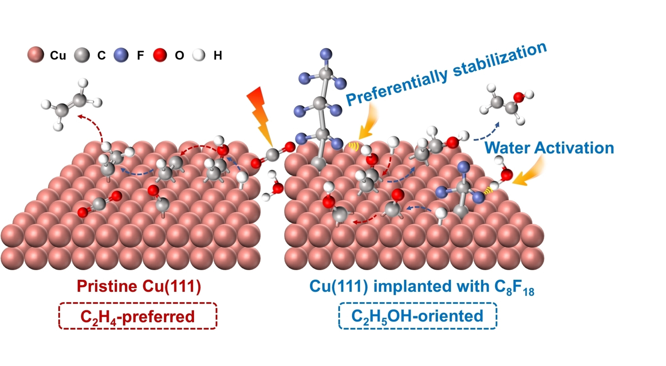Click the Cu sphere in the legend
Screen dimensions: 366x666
tap(36, 55)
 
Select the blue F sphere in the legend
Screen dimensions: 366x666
tap(121, 55)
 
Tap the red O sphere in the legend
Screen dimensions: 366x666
tap(160, 55)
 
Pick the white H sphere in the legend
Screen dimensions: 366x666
tap(199, 55)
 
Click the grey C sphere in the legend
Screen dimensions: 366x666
tap(82, 55)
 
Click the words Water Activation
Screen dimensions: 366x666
tap(549, 148)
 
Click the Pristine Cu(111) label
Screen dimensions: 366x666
tap(139, 286)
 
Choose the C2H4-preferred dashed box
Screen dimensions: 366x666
tap(138, 316)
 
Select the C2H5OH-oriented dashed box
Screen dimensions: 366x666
tap(417, 316)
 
